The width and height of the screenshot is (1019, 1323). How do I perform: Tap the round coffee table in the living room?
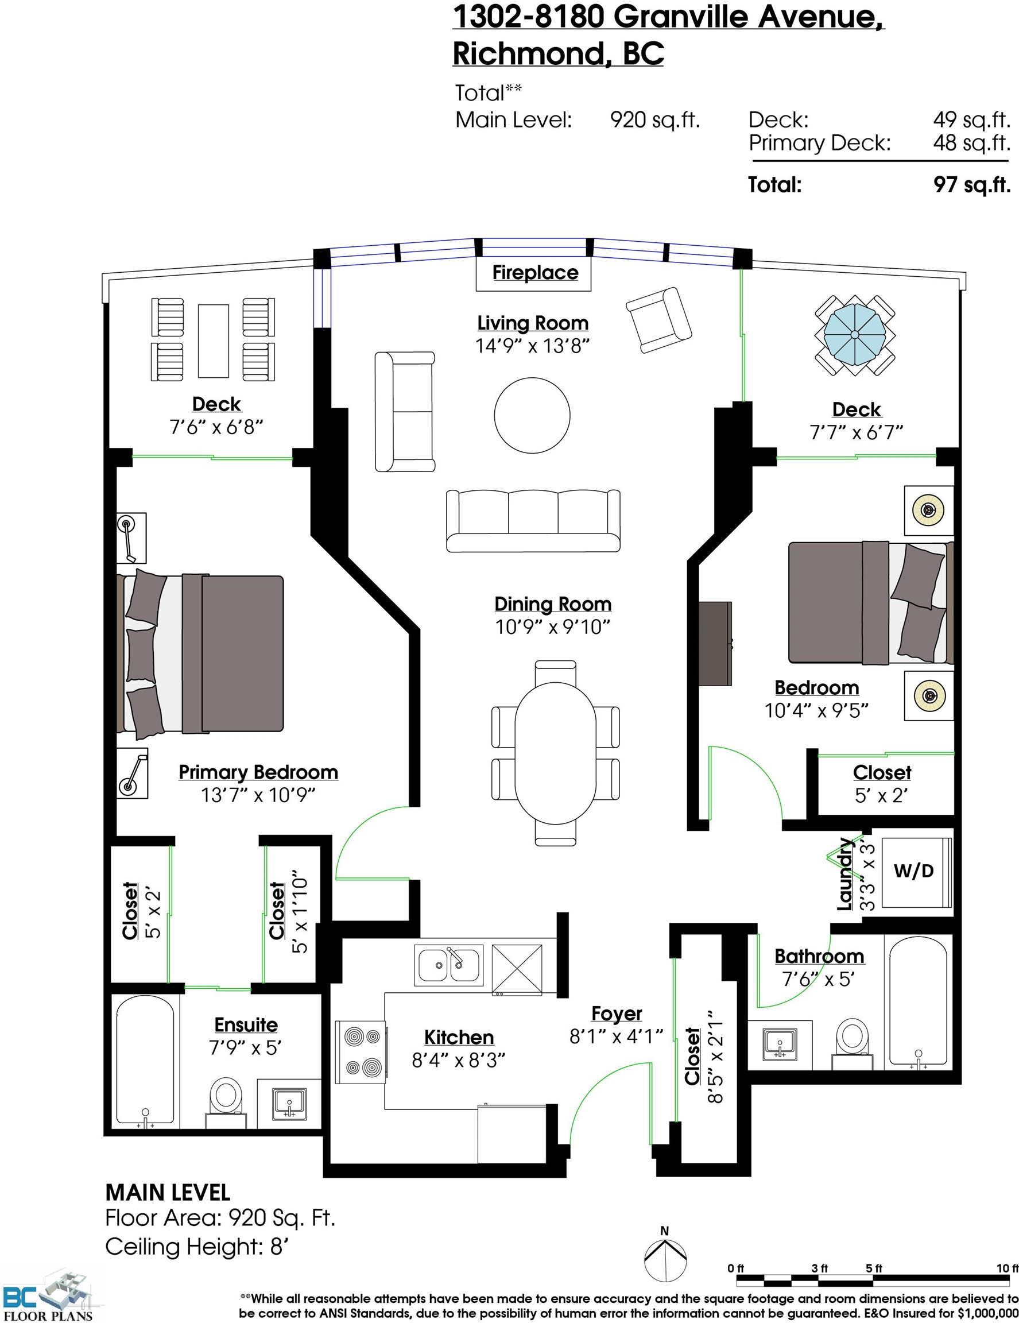pyautogui.click(x=532, y=415)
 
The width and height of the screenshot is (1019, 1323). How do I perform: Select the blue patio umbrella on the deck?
pyautogui.click(x=854, y=334)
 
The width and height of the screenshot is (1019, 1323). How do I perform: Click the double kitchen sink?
pyautogui.click(x=449, y=965)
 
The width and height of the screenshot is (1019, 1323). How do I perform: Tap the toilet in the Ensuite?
pyautogui.click(x=225, y=1102)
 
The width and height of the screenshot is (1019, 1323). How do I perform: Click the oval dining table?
pyautogui.click(x=555, y=752)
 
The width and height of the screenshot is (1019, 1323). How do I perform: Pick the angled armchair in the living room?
pyautogui.click(x=658, y=320)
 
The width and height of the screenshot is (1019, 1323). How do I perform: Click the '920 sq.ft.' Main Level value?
pyautogui.click(x=654, y=120)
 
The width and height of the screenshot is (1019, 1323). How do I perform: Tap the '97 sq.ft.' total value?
pyautogui.click(x=972, y=184)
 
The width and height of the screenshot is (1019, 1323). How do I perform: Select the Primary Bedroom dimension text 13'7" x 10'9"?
pyautogui.click(x=258, y=795)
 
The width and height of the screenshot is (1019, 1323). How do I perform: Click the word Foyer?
pyautogui.click(x=617, y=1013)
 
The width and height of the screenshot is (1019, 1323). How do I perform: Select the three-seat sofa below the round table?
pyautogui.click(x=533, y=521)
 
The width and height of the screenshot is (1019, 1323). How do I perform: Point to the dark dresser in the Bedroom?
pyautogui.click(x=716, y=643)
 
